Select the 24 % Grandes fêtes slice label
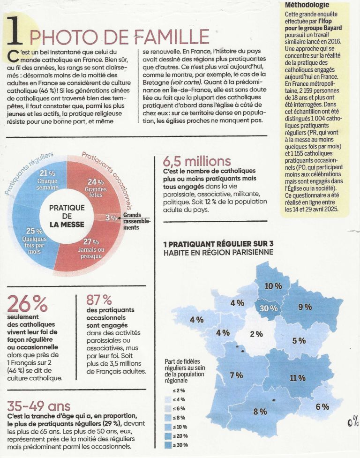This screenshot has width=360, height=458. (96, 181)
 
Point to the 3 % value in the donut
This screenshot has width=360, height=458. (111, 218)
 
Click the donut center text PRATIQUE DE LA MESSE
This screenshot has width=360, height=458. (67, 215)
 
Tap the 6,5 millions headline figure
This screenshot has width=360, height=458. (197, 162)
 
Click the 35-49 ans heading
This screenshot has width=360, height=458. (38, 405)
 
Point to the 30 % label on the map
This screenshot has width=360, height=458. (269, 309)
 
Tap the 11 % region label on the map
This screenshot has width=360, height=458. (298, 378)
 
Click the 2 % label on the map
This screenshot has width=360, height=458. (256, 334)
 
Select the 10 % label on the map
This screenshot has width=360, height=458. (273, 286)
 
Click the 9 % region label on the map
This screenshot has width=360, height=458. (305, 307)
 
